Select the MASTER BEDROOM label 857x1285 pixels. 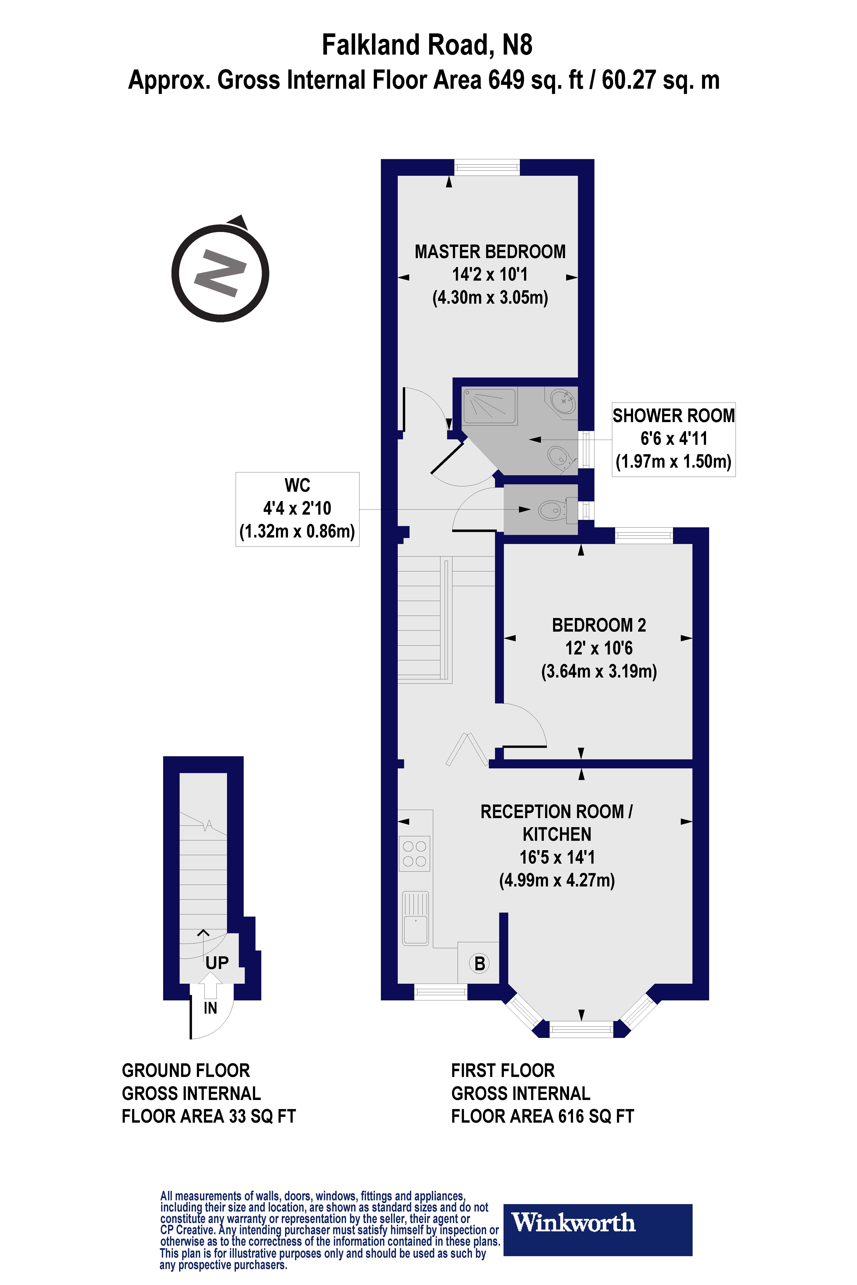(x=490, y=252)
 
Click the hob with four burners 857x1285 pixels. (x=414, y=853)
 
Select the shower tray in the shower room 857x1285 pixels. (x=489, y=407)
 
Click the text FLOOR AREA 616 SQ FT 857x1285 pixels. (x=542, y=1116)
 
